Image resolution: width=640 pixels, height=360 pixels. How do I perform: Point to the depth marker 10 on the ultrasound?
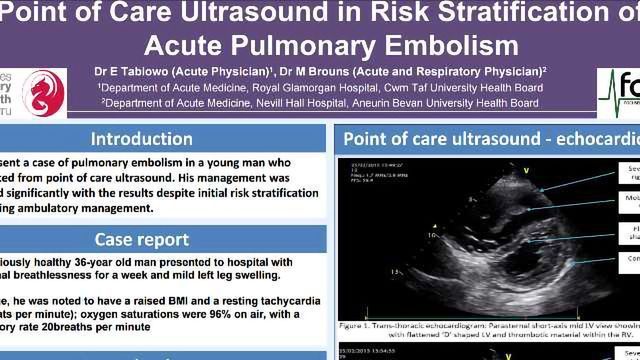(x=433, y=237)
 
